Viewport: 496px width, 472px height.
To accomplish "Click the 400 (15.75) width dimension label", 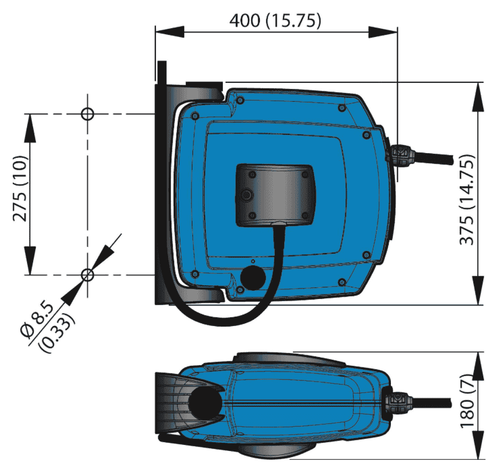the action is coord(275,21).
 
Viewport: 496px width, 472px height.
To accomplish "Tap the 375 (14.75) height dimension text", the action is coord(467,200).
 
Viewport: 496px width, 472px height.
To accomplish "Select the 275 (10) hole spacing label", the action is coord(20,188).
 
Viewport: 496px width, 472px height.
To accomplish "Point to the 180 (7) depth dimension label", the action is coord(468,401).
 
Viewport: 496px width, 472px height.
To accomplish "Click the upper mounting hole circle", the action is coord(87,114).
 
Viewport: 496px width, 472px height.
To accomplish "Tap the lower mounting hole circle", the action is coord(87,275).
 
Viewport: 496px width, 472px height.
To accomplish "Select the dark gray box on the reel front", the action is coord(275,195).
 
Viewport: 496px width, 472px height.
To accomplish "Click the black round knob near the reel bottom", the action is coord(253,278).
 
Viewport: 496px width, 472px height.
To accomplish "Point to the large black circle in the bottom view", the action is coord(205,403).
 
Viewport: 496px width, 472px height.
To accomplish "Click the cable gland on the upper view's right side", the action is coord(400,155).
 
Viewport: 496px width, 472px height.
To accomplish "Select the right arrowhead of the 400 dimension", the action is coord(383,32).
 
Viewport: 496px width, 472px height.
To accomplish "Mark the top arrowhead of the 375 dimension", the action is coord(478,97).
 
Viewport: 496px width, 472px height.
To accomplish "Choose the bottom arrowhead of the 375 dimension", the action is coord(478,290).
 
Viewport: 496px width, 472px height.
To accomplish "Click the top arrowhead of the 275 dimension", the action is coord(30,128).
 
